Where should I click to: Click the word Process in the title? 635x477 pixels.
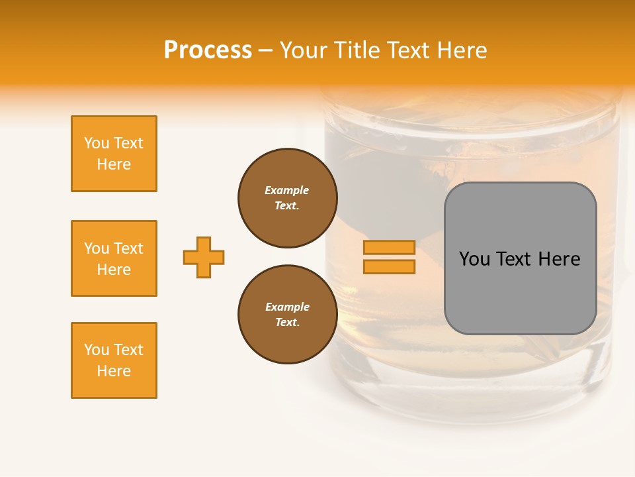tap(208, 50)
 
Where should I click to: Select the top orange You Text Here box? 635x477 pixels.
tap(114, 154)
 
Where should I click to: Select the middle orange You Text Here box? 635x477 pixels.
tap(114, 258)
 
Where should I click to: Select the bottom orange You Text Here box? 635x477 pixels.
tap(114, 360)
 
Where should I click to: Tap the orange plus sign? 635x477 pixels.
tap(204, 257)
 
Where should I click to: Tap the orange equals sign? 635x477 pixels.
tap(389, 257)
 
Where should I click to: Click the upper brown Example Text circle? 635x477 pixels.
tap(288, 198)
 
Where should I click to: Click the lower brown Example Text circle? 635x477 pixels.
tap(288, 315)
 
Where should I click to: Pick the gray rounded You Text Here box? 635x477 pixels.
tap(520, 258)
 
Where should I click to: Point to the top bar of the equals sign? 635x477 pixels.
tap(389, 248)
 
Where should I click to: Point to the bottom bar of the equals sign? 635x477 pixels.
tap(389, 266)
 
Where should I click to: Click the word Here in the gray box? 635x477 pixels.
tap(559, 259)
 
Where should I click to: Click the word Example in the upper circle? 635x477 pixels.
tap(287, 191)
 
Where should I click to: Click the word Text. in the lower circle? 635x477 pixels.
tap(287, 323)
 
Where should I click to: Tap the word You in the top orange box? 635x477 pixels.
tap(97, 144)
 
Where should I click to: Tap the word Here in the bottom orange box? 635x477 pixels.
tap(114, 371)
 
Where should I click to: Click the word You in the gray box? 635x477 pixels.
tap(474, 259)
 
